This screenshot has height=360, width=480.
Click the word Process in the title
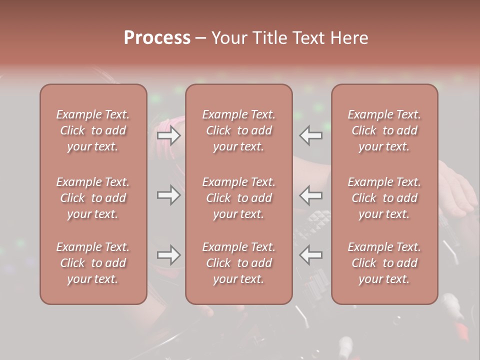click(x=157, y=38)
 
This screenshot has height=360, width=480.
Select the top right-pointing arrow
click(x=168, y=135)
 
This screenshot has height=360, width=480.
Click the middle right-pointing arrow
click(x=168, y=195)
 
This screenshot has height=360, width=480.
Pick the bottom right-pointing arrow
click(x=168, y=255)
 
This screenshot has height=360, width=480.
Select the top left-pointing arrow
click(x=311, y=135)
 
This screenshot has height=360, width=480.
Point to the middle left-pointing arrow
click(x=311, y=195)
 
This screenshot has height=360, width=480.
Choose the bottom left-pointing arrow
click(x=311, y=255)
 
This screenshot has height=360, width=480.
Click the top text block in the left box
click(x=93, y=130)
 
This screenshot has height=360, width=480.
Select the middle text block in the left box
click(x=93, y=198)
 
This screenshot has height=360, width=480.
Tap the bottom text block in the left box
click(x=93, y=263)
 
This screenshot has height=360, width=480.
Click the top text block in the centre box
click(x=239, y=130)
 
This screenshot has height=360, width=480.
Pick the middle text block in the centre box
click(x=239, y=198)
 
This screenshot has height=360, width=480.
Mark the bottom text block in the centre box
click(x=239, y=263)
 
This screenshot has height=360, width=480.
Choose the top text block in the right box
click(x=384, y=130)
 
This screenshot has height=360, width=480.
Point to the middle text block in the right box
click(x=384, y=198)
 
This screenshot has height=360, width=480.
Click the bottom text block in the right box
click(x=384, y=263)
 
